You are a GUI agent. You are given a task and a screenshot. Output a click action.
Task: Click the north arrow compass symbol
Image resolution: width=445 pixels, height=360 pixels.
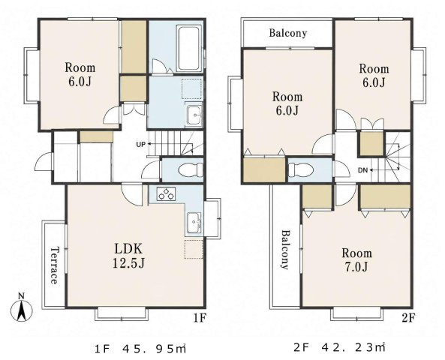[21, 309]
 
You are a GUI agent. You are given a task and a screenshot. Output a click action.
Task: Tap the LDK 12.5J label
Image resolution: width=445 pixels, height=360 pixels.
[128, 256]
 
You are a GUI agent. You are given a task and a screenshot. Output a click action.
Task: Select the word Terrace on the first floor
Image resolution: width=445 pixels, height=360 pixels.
[54, 265]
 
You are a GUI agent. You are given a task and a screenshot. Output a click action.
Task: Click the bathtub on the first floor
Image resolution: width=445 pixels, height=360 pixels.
[188, 49]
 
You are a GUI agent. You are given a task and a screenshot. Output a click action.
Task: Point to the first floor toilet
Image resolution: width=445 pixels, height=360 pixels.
[190, 170]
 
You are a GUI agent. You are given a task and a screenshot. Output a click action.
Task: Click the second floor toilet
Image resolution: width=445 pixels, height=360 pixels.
[301, 170]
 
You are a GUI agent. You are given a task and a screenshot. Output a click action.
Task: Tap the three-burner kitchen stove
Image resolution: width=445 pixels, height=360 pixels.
[166, 194]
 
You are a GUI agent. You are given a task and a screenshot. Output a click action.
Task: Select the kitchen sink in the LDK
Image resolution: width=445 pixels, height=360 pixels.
[194, 223]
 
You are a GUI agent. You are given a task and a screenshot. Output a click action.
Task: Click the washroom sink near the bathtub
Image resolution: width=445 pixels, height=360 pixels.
[194, 115]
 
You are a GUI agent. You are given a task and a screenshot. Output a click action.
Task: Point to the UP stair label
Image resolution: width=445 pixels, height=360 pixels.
[140, 145]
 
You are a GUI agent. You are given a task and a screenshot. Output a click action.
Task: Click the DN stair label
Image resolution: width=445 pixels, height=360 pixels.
[362, 170]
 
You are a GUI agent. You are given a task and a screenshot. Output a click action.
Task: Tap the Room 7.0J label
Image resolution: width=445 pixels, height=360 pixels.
[356, 259]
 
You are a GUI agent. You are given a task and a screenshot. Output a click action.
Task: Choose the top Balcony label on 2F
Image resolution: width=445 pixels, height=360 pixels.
[287, 33]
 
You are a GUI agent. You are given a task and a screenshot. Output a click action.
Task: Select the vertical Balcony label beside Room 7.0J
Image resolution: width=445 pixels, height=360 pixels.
[286, 249]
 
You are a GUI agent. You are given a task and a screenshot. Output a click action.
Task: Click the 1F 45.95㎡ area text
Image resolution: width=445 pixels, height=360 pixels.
[140, 349]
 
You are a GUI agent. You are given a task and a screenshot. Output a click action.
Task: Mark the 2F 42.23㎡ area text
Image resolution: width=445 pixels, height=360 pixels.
[339, 347]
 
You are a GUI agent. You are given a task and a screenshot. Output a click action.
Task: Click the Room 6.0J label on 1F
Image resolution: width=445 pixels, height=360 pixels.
[80, 74]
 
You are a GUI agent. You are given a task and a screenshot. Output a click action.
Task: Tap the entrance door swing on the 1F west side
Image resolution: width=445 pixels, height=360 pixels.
[44, 162]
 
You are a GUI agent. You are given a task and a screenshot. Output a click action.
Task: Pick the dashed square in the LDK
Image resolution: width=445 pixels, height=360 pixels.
[194, 249]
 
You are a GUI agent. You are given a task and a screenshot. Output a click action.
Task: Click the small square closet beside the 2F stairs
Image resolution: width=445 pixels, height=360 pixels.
[372, 143]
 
